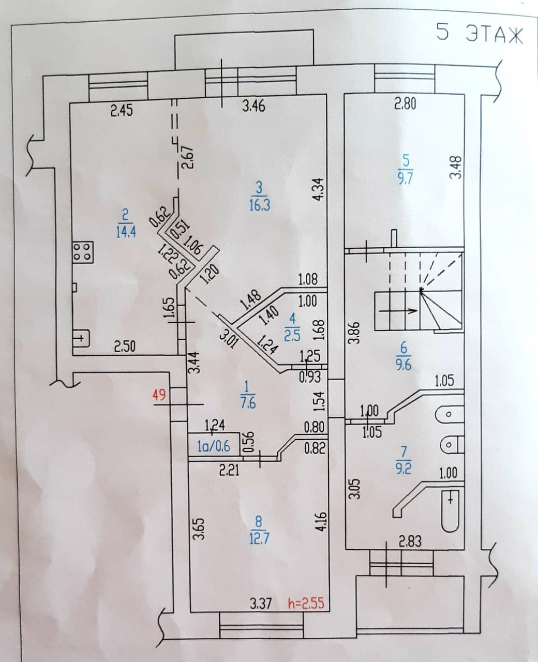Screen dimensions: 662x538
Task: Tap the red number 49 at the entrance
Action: click(159, 395)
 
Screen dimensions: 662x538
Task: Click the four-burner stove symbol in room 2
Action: click(83, 251)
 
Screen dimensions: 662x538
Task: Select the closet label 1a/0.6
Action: click(214, 446)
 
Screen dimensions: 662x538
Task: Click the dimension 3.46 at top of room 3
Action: click(253, 107)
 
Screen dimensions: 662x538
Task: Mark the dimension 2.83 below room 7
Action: click(410, 541)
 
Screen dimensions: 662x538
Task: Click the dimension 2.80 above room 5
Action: click(405, 104)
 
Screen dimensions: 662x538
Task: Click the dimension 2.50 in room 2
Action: click(124, 347)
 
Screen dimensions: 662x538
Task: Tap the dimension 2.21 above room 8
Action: click(229, 471)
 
